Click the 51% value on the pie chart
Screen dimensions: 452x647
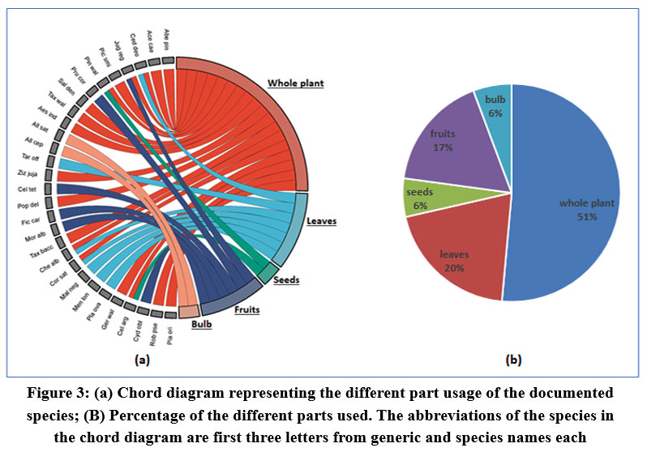tap(587, 217)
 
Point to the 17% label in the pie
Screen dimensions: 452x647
tap(442, 148)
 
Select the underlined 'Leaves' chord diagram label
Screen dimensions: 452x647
tap(321, 220)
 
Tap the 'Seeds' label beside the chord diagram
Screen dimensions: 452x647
tap(286, 280)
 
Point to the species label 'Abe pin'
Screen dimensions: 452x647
tap(166, 38)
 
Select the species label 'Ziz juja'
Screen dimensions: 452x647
tap(36, 173)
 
